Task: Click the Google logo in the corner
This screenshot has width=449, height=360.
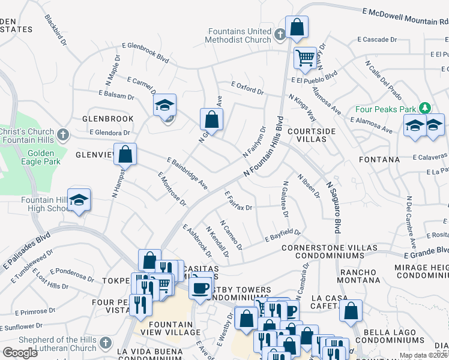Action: click(20, 352)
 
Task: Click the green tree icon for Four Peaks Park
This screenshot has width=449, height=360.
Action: click(425, 107)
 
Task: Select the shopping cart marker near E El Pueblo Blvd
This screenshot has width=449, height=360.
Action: click(305, 59)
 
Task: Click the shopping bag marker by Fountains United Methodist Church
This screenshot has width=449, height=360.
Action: click(297, 27)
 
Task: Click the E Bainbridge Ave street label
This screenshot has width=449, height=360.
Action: click(187, 175)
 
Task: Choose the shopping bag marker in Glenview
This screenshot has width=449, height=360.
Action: click(124, 155)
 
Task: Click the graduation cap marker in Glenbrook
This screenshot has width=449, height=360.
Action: click(164, 106)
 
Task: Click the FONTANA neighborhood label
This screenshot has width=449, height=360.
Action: click(379, 160)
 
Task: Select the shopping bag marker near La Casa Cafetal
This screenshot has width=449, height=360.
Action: click(351, 311)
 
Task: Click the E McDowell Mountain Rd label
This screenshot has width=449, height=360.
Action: click(405, 16)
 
